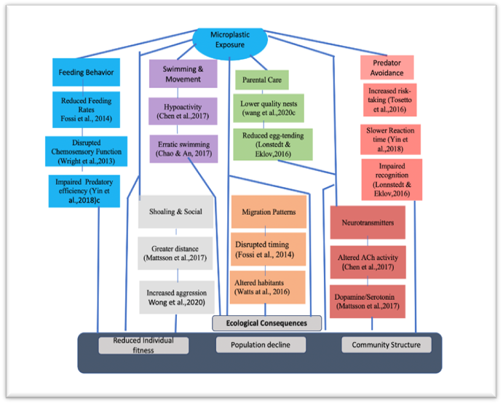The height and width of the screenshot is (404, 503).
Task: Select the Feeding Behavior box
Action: pyautogui.click(x=86, y=73)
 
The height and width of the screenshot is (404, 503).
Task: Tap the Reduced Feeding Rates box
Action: pyautogui.click(x=86, y=108)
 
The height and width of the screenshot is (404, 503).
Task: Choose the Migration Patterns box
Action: pyautogui.click(x=268, y=213)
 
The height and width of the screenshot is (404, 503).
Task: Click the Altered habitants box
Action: pyautogui.click(x=267, y=286)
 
